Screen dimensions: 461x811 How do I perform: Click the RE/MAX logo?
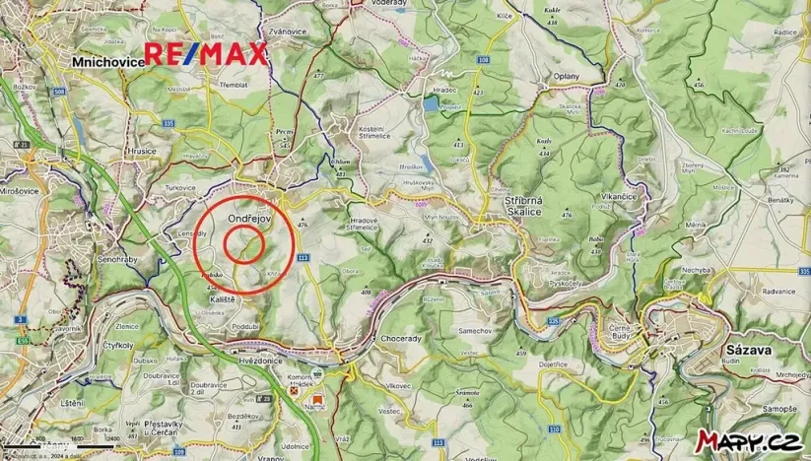[206, 54]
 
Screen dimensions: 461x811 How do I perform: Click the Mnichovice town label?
[107, 61]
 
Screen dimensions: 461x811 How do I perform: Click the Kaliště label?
[225, 296]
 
